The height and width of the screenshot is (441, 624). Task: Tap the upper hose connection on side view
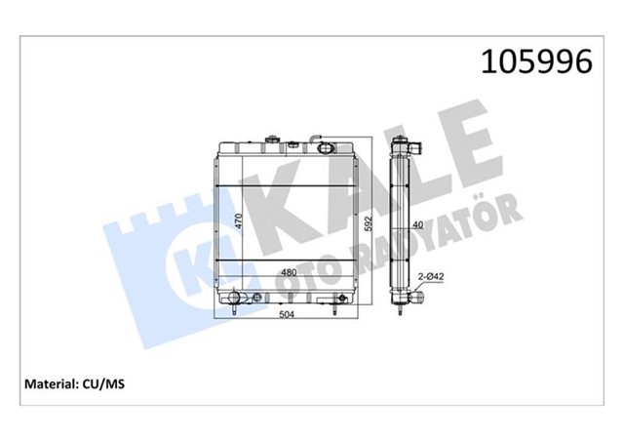coord(414,152)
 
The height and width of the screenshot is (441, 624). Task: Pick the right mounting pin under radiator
coord(334,309)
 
